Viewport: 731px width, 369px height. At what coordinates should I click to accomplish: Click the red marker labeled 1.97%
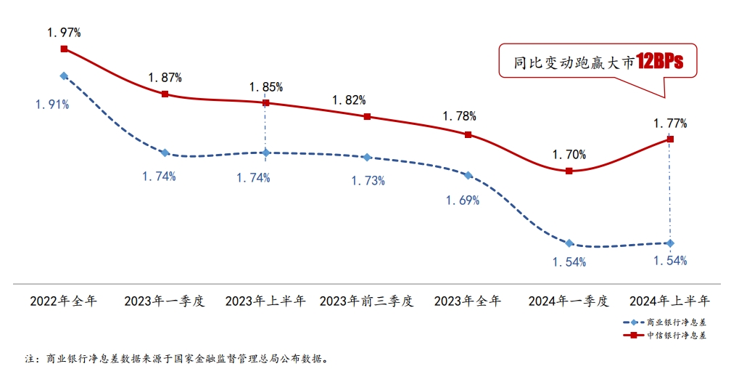[64, 49]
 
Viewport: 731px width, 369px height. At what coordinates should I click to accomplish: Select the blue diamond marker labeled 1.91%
[64, 76]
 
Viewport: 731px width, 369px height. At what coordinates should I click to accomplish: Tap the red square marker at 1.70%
[569, 171]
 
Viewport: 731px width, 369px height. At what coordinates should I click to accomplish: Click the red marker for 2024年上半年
[670, 139]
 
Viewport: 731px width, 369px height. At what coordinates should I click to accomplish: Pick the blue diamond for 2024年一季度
[569, 243]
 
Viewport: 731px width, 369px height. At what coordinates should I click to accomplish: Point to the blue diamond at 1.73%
[367, 157]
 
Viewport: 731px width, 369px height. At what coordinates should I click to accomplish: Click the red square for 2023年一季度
[165, 94]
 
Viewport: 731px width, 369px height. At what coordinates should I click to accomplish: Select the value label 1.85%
[265, 87]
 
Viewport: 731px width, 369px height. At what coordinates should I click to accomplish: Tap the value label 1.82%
[349, 100]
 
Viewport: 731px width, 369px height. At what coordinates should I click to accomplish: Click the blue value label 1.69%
[462, 200]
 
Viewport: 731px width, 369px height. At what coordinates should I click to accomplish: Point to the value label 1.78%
[458, 115]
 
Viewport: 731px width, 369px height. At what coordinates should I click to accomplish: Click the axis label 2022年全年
[64, 301]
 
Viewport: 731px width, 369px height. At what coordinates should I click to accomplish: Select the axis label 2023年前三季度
[367, 301]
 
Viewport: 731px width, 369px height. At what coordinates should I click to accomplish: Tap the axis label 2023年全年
[468, 301]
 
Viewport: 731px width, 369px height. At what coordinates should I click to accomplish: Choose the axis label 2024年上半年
[670, 301]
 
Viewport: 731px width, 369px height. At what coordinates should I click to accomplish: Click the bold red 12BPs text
[660, 62]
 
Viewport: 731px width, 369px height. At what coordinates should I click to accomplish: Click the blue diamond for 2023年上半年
[265, 153]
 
